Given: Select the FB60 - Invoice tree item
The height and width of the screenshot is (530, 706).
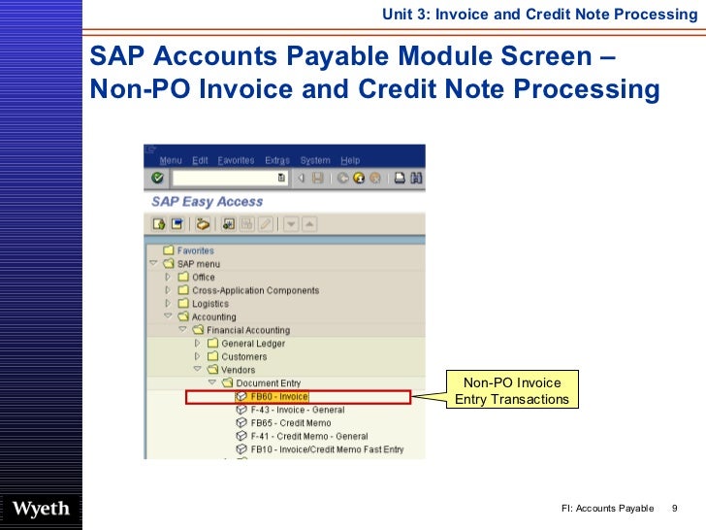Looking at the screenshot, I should point(279,396).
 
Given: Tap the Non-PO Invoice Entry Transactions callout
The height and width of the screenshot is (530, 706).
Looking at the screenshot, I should point(511,391).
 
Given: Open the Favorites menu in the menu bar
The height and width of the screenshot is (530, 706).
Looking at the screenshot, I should point(236,160).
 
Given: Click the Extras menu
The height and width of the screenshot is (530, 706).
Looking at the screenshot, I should point(277,160).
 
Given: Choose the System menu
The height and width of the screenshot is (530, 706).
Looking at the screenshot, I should point(315,160).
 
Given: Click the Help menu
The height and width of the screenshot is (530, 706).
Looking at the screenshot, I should point(350,160).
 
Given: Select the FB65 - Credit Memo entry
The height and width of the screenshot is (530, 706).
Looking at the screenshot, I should point(290,423).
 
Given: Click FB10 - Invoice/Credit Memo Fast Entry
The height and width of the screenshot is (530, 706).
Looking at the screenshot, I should point(327,449).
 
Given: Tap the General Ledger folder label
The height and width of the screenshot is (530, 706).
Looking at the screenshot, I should point(253,344).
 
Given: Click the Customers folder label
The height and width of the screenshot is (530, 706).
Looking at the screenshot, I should point(243,357).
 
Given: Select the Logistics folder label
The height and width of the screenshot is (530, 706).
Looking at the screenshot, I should point(210,304).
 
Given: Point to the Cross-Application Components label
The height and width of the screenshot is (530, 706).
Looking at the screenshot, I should point(255,290).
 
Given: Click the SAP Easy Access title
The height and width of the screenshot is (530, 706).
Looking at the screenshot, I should point(207,202).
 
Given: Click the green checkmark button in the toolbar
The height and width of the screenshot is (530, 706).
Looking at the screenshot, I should point(157,179).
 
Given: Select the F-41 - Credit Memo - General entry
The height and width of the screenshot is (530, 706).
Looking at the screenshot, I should point(308,436).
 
